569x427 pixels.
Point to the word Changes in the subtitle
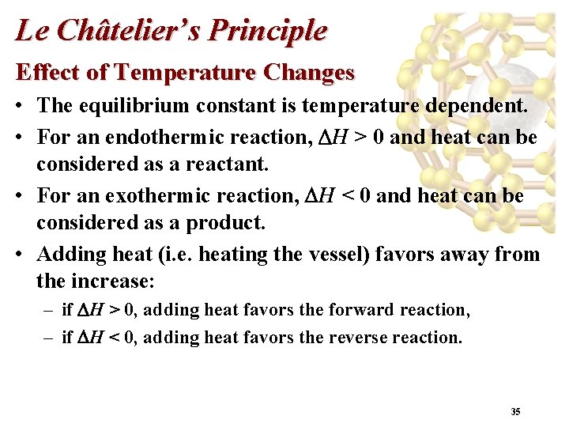click(x=310, y=73)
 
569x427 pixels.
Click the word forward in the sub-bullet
click(x=356, y=310)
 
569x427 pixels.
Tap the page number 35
click(x=515, y=412)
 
